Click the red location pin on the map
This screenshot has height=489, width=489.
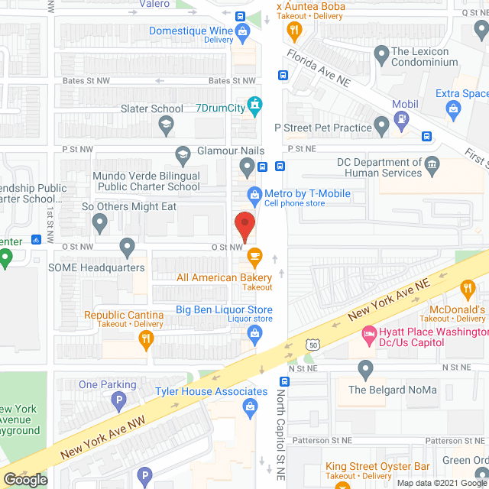(244, 225)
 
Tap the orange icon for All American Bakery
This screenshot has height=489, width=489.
(254, 254)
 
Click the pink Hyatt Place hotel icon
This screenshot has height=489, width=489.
(369, 333)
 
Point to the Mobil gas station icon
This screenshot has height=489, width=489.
(401, 118)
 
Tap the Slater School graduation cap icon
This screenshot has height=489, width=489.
(165, 123)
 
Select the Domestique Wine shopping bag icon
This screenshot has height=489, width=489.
(243, 32)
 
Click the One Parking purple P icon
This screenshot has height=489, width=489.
(118, 399)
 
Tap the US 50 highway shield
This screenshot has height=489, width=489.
(311, 345)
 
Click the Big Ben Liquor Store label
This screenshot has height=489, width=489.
(224, 309)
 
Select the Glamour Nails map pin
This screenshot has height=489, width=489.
(246, 166)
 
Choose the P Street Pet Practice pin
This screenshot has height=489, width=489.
(383, 126)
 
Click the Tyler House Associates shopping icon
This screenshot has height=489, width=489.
(250, 410)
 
